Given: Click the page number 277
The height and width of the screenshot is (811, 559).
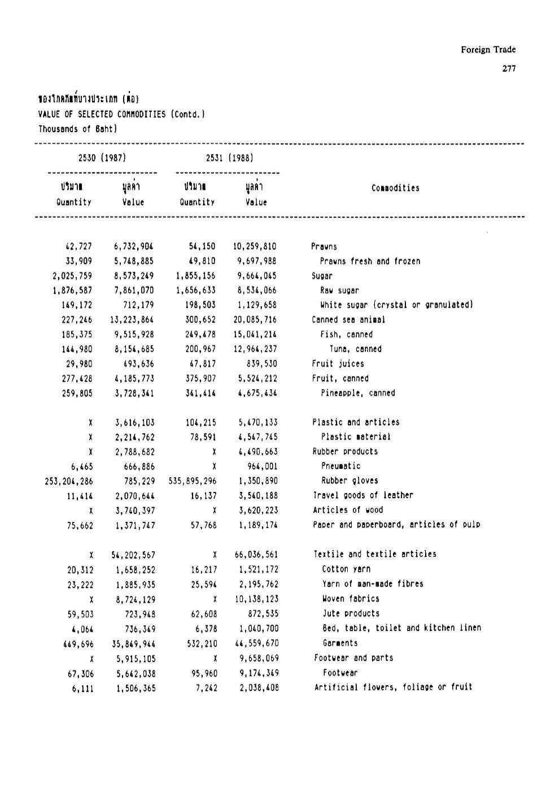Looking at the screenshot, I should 508,69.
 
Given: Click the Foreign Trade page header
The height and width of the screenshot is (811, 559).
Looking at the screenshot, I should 488,50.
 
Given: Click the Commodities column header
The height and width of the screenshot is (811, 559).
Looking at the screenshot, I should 395,189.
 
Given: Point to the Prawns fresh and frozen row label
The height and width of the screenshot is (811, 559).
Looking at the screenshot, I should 370,261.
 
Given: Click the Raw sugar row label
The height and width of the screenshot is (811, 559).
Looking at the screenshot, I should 339,291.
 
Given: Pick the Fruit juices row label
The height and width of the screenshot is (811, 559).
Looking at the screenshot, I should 338,364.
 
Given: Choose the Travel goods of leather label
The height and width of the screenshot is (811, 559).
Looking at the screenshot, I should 363,495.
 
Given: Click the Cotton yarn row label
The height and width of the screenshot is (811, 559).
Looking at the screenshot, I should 346,569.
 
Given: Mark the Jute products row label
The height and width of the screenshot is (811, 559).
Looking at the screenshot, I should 351,613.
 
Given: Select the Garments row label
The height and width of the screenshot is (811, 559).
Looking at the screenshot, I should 340,643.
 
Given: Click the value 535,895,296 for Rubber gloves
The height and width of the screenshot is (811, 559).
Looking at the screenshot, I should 192,481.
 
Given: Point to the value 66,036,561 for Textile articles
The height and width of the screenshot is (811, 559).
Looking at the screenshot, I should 256,555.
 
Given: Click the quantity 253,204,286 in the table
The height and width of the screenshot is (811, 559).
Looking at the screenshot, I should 69,481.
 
